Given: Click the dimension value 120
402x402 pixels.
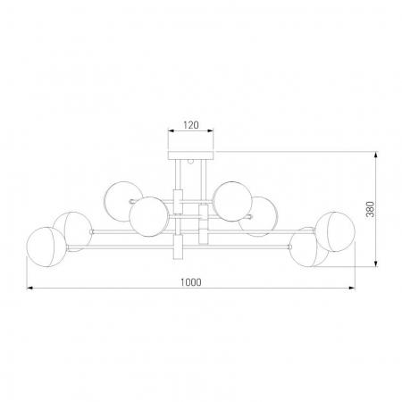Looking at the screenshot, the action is (x=190, y=125).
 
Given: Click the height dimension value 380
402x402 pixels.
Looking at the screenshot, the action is (x=370, y=209).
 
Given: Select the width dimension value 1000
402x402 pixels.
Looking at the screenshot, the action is (x=191, y=282).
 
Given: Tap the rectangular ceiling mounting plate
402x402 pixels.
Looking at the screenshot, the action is (x=190, y=155).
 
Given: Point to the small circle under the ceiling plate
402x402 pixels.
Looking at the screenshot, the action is (x=190, y=162).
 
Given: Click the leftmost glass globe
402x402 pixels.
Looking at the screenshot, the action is (x=46, y=247).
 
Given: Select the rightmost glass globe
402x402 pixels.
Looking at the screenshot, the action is (x=335, y=231).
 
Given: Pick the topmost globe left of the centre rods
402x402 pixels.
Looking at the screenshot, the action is (x=123, y=202).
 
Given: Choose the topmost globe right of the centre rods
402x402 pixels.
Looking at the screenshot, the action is (x=232, y=202).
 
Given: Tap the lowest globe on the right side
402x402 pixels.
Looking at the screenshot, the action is (x=310, y=247).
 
